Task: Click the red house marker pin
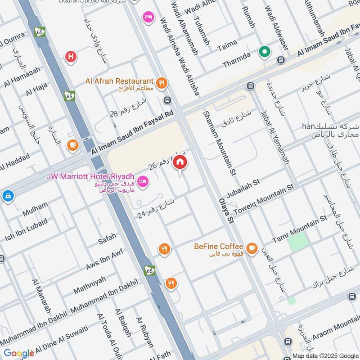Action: coord(180,162)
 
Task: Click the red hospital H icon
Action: coord(71,57)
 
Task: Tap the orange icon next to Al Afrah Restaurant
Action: coord(162,82)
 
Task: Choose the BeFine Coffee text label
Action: coord(219,247)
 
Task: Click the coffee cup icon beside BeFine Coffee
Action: coord(252,247)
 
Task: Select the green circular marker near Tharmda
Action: coord(265,52)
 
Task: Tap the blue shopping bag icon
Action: coord(7,196)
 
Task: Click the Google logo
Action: coord(19,353)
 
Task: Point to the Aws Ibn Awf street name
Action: coord(104,260)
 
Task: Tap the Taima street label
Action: coord(227,46)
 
